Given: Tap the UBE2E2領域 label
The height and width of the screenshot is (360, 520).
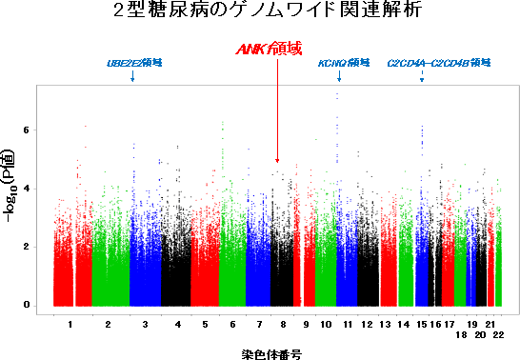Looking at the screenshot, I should click(133, 63).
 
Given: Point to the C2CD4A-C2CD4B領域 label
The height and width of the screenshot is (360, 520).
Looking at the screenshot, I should click(438, 63).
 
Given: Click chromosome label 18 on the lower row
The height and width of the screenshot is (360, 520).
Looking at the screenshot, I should click(461, 335).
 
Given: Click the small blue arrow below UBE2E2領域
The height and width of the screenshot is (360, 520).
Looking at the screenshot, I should click(132, 76).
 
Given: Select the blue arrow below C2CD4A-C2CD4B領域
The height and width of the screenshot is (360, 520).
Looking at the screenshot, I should click(422, 76).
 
